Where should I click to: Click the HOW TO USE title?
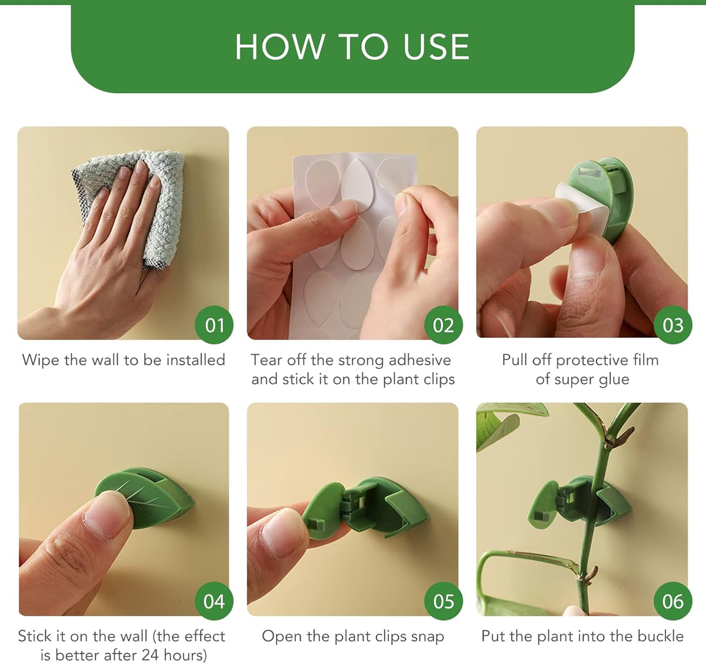pos(352,47)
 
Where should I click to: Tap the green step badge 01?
pos(214,325)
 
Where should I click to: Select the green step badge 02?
pos(444,325)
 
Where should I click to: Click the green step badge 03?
pos(673,325)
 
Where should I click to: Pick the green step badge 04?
pos(214,601)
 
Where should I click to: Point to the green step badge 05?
pos(444,601)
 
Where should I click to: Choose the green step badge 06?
pos(673,601)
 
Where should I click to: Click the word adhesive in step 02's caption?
pos(420,360)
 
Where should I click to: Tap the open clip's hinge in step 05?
pos(350,505)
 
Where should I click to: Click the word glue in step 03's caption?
pos(614,379)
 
